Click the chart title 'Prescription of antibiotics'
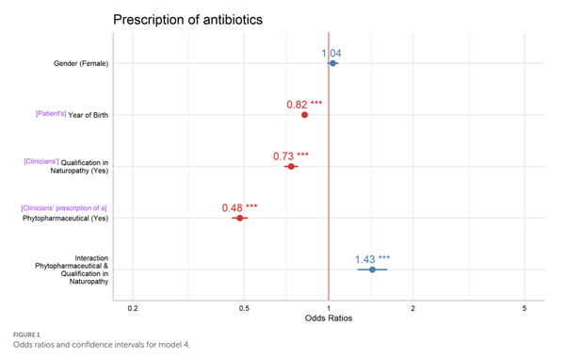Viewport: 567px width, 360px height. click(x=187, y=19)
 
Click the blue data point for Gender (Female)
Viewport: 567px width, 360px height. click(x=332, y=63)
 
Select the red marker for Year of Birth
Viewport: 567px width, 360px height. click(x=304, y=115)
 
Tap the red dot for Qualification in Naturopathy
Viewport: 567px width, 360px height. click(x=291, y=166)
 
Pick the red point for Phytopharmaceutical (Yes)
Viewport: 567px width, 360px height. click(x=240, y=218)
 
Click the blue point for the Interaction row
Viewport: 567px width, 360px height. click(x=372, y=270)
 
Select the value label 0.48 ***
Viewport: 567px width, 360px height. click(x=239, y=207)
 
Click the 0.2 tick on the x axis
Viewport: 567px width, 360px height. click(x=133, y=309)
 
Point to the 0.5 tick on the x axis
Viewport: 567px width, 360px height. click(x=244, y=309)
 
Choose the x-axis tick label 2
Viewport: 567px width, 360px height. click(x=413, y=309)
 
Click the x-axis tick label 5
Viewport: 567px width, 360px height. click(x=524, y=309)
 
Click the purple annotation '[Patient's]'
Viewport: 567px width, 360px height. click(x=51, y=114)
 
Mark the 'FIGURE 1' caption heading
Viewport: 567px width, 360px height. click(x=28, y=335)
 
